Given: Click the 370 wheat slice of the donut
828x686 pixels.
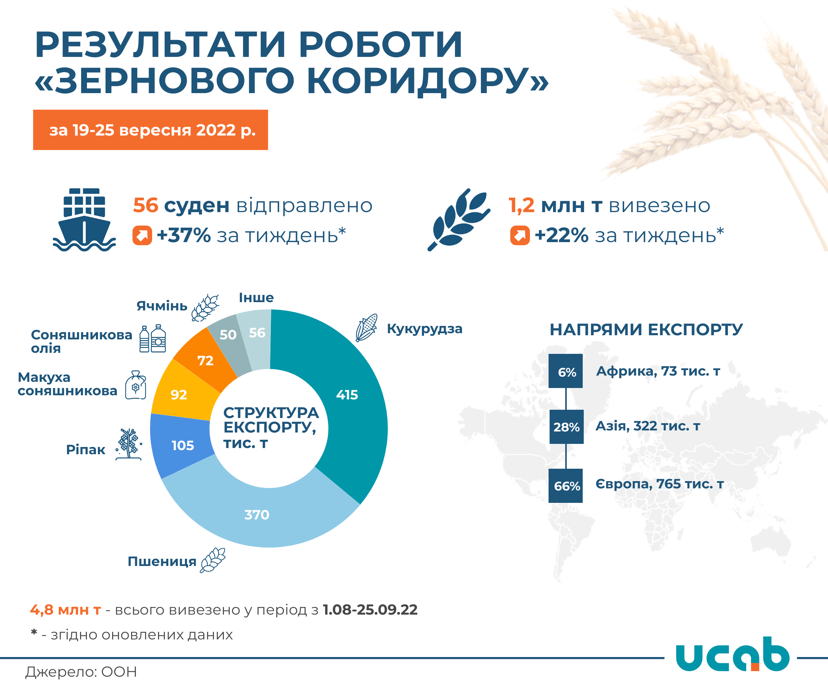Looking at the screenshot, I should point(257,514).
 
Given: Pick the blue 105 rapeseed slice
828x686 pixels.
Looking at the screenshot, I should point(183,445).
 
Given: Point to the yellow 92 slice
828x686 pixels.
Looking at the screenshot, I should point(179,394).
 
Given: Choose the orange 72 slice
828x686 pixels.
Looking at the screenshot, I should point(205,360).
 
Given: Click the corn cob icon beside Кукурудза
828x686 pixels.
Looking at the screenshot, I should point(366,328).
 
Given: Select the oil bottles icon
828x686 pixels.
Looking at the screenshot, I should point(152,338).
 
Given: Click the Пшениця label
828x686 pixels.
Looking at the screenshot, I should point(162,561).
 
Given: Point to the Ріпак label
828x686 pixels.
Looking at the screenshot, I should point(86,449).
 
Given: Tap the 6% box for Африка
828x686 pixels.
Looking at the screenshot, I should point(565,371).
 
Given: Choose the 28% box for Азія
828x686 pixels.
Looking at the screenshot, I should point(566,427).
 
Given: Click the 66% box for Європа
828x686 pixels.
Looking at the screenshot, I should point(565,486).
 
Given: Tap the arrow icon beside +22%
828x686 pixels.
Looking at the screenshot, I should point(520,235).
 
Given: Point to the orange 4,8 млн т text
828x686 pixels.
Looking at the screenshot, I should point(66,610).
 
